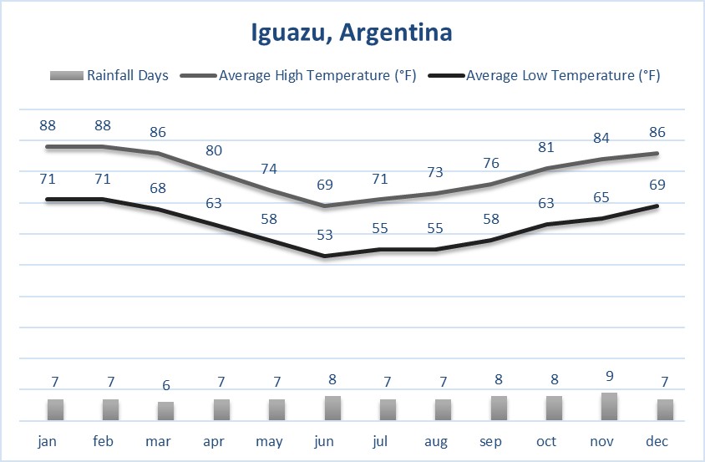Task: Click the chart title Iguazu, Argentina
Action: click(352, 33)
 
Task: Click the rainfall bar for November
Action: click(609, 406)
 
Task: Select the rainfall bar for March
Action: click(165, 410)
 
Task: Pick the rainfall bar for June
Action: click(332, 408)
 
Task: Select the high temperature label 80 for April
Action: click(214, 151)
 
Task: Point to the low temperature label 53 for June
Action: click(324, 235)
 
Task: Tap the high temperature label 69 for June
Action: click(324, 183)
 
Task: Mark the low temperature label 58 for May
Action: click(269, 219)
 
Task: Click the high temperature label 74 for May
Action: click(269, 169)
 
